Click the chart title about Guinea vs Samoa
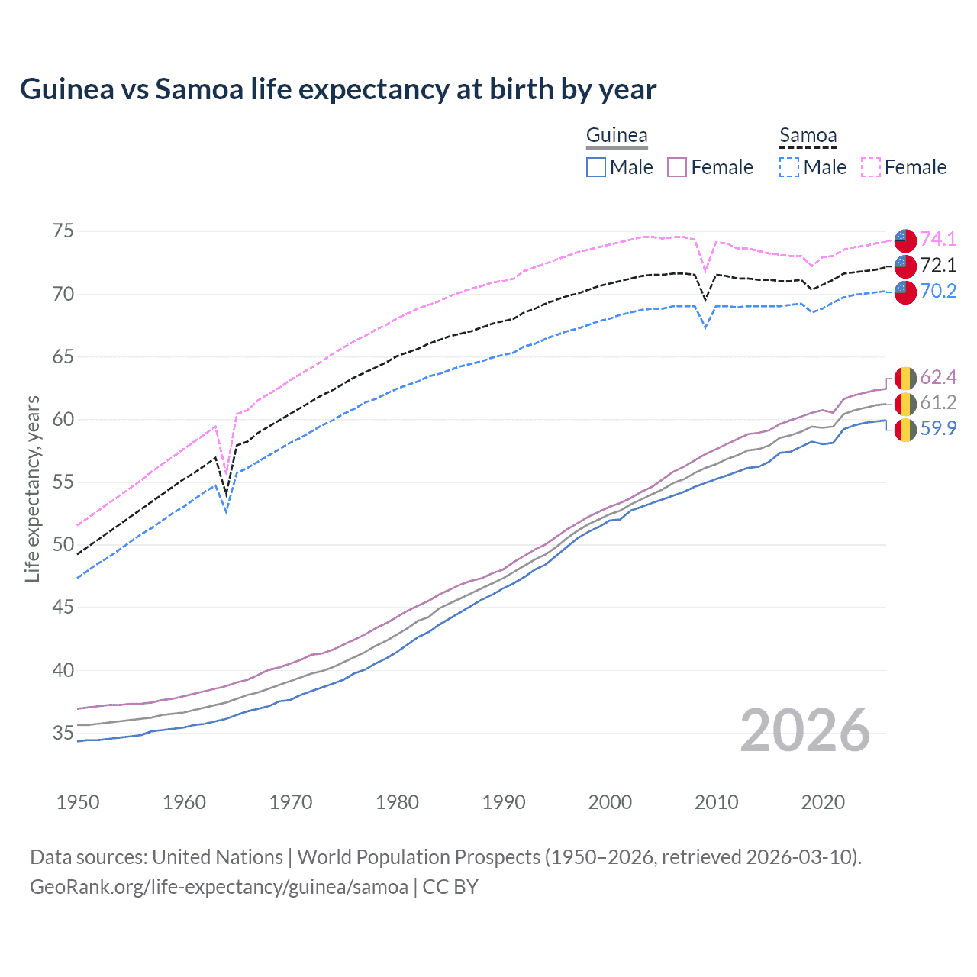click(338, 89)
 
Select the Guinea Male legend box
click(596, 167)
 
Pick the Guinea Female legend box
click(677, 167)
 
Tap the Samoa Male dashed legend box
click(789, 167)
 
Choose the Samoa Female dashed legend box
click(871, 167)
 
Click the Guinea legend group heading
click(617, 136)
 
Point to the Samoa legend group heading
click(808, 136)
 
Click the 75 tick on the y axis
click(63, 231)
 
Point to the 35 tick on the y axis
click(63, 734)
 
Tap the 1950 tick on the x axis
click(78, 802)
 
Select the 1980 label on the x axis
click(397, 802)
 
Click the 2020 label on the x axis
click(823, 802)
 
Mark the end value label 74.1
click(938, 240)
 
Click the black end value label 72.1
click(938, 266)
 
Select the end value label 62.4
click(938, 378)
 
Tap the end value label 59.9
click(938, 429)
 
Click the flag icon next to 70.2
click(905, 292)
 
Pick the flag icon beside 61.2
click(905, 404)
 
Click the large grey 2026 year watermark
click(805, 730)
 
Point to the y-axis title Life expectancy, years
click(33, 488)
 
